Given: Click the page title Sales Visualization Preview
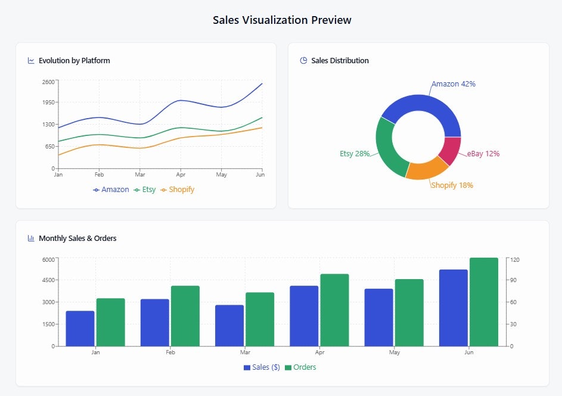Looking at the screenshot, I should tap(282, 20).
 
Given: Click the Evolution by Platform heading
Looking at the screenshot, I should tap(74, 61).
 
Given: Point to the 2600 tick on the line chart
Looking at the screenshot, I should tap(48, 82).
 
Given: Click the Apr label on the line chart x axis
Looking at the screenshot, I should tap(179, 175).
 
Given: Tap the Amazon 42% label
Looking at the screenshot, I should tap(454, 84).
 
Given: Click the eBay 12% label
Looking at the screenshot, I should tap(483, 154).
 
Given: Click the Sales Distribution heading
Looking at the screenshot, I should tap(340, 61).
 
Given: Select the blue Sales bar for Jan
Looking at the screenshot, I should tap(80, 329).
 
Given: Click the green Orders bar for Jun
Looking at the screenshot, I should tap(483, 302).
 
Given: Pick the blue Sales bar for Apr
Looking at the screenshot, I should tap(304, 316).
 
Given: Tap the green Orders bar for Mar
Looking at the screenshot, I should tap(260, 319).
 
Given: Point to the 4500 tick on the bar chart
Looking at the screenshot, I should tap(48, 280).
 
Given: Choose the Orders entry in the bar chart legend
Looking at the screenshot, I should tap(300, 367).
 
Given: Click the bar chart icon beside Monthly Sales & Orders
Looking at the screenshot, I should tap(31, 239).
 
